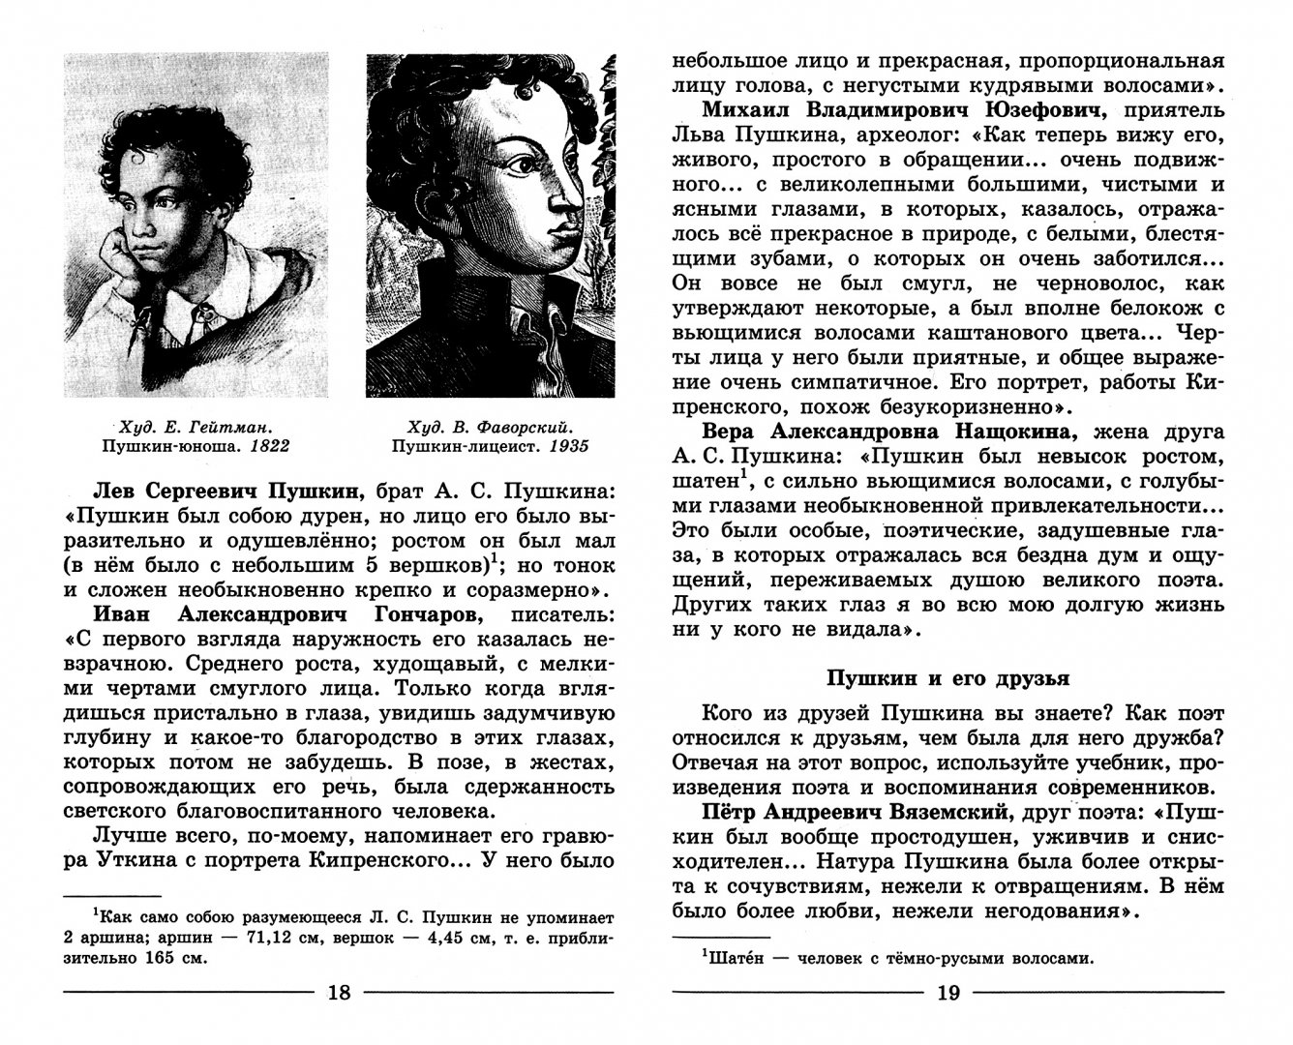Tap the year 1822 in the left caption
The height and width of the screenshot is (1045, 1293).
(270, 446)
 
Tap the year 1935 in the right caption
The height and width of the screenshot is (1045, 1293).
(569, 446)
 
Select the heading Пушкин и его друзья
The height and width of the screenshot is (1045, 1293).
(948, 678)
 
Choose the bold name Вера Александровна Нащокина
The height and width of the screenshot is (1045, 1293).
(891, 430)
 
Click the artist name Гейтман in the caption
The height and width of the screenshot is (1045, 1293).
(228, 425)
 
